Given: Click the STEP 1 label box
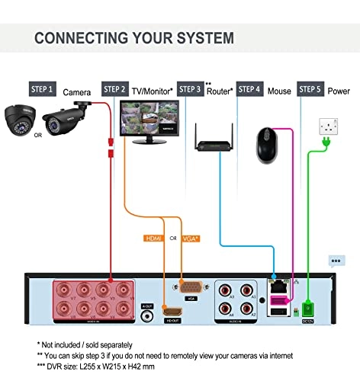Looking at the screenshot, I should (x=41, y=89).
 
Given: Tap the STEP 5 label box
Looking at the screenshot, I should (x=310, y=89).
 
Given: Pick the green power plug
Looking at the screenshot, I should (x=326, y=143).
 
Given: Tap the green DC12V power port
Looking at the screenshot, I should (x=307, y=306).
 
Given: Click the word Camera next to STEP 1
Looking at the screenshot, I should (x=77, y=92).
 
